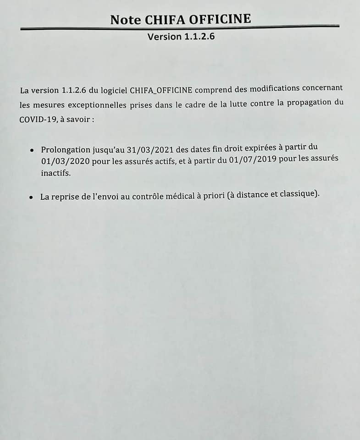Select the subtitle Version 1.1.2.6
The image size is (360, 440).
pyautogui.click(x=181, y=36)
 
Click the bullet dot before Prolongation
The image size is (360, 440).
pyautogui.click(x=31, y=150)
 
